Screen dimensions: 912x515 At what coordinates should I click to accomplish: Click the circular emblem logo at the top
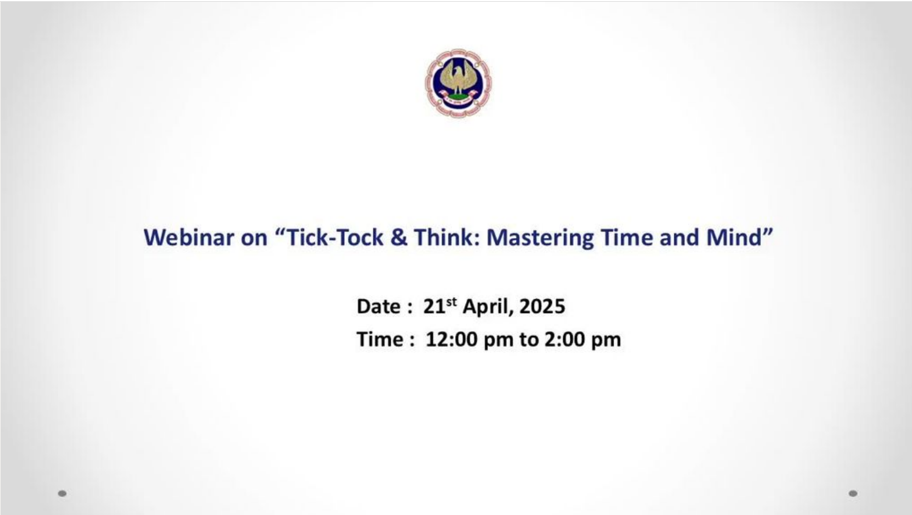pyautogui.click(x=459, y=83)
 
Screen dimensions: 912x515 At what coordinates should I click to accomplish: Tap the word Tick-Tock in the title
pyautogui.click(x=335, y=237)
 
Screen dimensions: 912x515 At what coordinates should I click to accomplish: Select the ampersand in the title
pyautogui.click(x=398, y=237)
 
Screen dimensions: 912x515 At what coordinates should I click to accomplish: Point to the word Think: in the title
pyautogui.click(x=447, y=237)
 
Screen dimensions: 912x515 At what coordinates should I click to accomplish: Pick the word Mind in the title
pyautogui.click(x=734, y=237)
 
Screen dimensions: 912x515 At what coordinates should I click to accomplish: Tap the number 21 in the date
pyautogui.click(x=434, y=306)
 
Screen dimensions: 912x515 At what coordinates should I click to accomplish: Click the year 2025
pyautogui.click(x=542, y=306)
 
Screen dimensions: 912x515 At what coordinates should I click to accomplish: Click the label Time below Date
pyautogui.click(x=380, y=339)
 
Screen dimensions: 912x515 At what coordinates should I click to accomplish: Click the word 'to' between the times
pyautogui.click(x=529, y=340)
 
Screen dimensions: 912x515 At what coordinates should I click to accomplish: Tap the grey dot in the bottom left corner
pyautogui.click(x=62, y=494)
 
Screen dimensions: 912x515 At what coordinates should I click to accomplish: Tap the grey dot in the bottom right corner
pyautogui.click(x=853, y=494)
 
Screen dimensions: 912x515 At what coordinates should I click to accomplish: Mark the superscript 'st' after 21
pyautogui.click(x=451, y=302)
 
